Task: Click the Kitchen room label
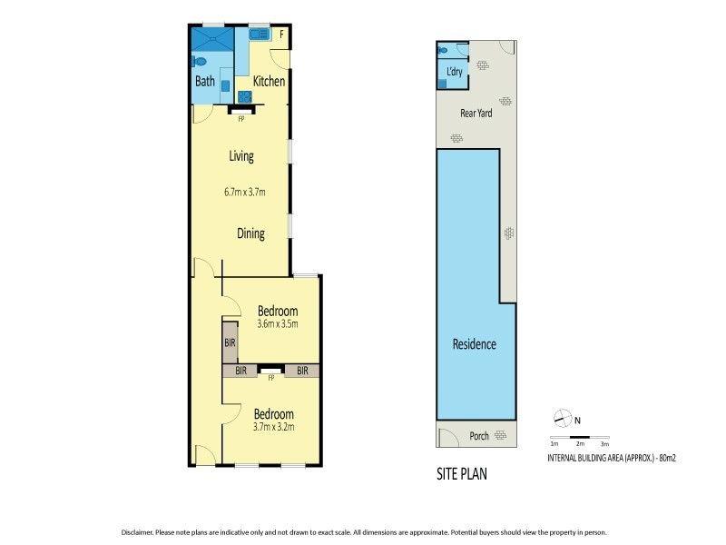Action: [269, 82]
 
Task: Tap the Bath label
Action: [204, 82]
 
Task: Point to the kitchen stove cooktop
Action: [243, 96]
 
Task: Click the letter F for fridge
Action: [281, 36]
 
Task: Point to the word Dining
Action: [250, 233]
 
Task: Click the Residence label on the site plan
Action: [475, 344]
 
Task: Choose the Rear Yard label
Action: [476, 115]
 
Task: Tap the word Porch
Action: [479, 436]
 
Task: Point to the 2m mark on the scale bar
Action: [579, 443]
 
